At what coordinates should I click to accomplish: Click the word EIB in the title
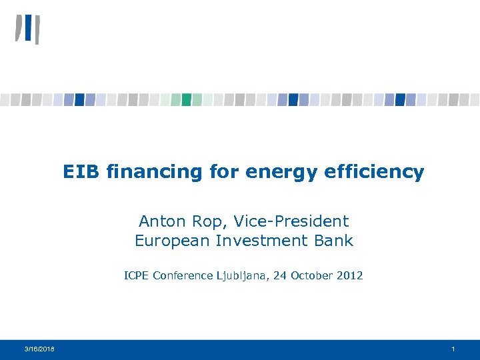(79, 172)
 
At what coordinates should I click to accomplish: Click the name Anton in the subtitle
(159, 221)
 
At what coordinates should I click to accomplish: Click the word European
(173, 241)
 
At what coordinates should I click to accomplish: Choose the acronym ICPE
(137, 275)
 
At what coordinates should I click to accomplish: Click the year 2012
(349, 275)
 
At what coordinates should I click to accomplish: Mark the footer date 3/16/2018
(40, 349)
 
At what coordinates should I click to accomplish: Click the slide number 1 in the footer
(453, 349)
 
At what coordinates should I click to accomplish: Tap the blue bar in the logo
(28, 28)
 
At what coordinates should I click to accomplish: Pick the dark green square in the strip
(187, 99)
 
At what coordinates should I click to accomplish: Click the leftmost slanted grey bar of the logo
(19, 29)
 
